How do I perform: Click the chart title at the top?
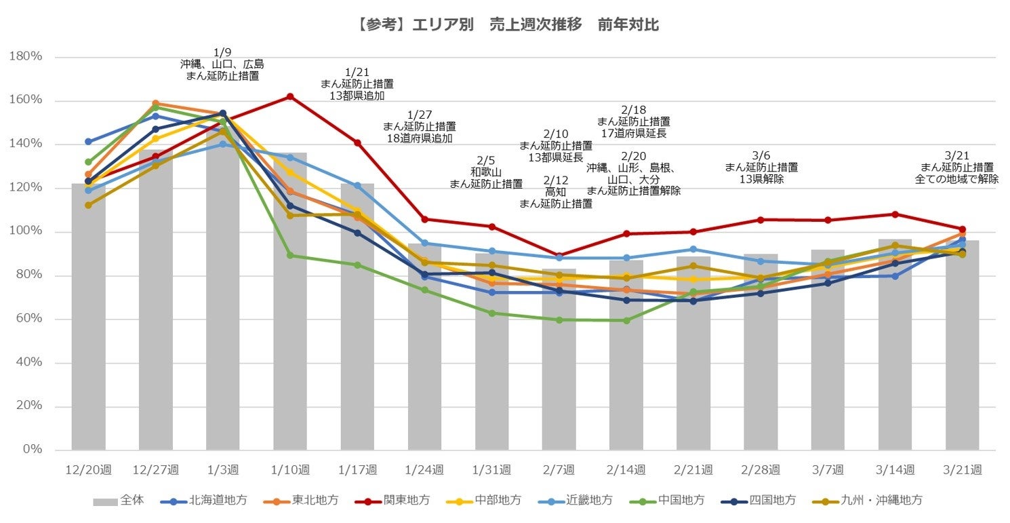(505, 25)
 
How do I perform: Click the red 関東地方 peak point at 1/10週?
(290, 96)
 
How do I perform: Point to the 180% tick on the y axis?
(26, 57)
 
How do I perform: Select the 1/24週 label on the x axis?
(424, 469)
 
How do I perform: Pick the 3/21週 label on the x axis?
(962, 469)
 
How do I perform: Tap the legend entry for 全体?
(118, 501)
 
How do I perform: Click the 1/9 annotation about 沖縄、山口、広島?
(222, 64)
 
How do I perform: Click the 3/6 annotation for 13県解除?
(761, 167)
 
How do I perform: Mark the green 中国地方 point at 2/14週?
(626, 320)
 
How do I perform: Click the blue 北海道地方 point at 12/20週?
(88, 142)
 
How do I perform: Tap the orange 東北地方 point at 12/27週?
(155, 103)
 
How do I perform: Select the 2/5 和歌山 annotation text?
(486, 172)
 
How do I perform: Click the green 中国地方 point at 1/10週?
(290, 255)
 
